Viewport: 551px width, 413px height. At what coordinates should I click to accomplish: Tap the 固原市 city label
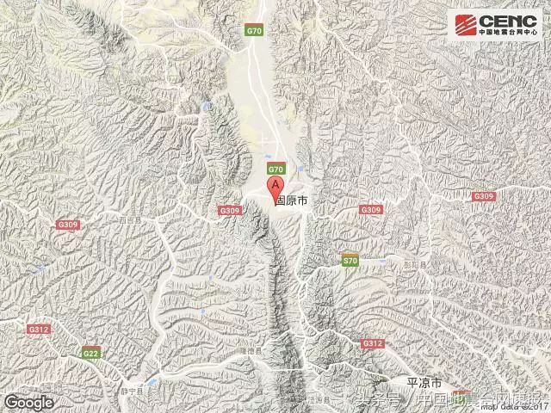pyautogui.click(x=292, y=200)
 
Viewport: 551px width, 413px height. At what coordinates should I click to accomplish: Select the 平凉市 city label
pyautogui.click(x=424, y=382)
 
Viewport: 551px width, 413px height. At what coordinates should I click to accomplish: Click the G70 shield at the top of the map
pyautogui.click(x=253, y=31)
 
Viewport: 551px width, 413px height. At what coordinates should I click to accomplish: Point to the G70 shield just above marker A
pyautogui.click(x=275, y=169)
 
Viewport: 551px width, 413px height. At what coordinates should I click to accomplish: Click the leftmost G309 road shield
pyautogui.click(x=67, y=225)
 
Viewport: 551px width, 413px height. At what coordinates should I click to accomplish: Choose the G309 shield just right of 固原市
pyautogui.click(x=371, y=210)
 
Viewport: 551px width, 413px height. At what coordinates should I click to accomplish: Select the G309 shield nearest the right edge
pyautogui.click(x=484, y=197)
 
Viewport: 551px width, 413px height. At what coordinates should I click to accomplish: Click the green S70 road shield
pyautogui.click(x=349, y=260)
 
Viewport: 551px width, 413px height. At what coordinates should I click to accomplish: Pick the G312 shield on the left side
pyautogui.click(x=38, y=330)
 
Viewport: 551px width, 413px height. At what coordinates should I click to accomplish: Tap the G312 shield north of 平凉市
pyautogui.click(x=372, y=343)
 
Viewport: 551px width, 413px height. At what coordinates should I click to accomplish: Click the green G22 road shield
pyautogui.click(x=90, y=352)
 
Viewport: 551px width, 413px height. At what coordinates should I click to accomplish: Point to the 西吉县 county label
pyautogui.click(x=131, y=219)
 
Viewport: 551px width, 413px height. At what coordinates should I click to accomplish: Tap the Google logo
pyautogui.click(x=28, y=401)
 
